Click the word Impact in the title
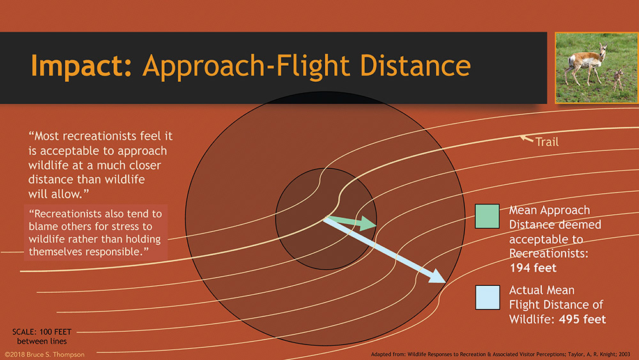[x=81, y=65]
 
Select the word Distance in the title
[x=415, y=65]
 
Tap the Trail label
[x=546, y=142]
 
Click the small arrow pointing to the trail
[x=527, y=139]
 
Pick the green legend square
[x=487, y=216]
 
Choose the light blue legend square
[x=488, y=297]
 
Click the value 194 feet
[x=533, y=268]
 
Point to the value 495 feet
[x=582, y=319]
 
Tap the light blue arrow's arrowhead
[x=437, y=277]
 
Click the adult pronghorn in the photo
[x=585, y=64]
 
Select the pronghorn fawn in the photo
[x=618, y=79]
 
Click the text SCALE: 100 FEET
[x=42, y=332]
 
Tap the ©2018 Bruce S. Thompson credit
[x=45, y=355]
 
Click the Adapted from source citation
[x=500, y=354]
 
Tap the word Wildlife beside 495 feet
[x=532, y=319]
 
